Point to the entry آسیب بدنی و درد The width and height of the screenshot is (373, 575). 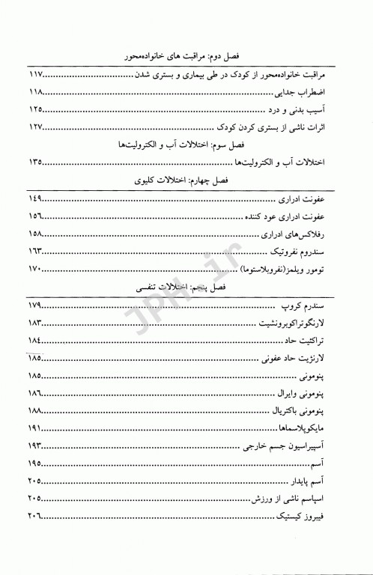314,110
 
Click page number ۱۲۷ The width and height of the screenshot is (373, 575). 37,127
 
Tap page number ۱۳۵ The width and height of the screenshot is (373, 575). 37,162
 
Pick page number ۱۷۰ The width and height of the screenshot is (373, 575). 37,270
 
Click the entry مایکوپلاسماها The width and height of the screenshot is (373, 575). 312,431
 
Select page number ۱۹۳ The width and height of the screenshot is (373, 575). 37,447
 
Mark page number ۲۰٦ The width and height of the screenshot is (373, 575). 37,519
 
